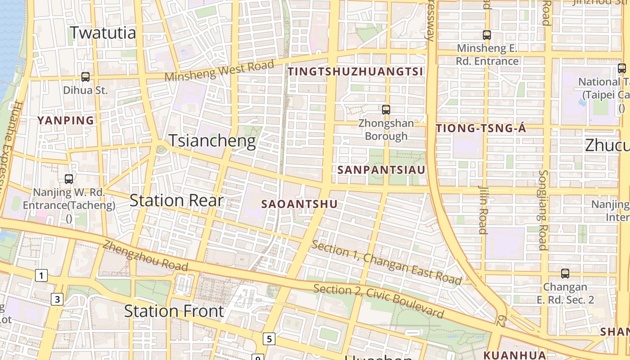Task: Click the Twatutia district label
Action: coord(103,33)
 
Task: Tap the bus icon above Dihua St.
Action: coord(85,77)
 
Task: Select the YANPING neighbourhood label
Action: coord(66,121)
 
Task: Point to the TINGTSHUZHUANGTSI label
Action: coord(355,72)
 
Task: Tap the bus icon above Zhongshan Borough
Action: coord(386,109)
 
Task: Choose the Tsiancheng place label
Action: coord(212,141)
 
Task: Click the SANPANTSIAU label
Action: coord(381,170)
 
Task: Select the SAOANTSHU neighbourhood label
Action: coord(299,204)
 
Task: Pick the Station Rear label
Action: coord(176,200)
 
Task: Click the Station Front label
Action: coord(174,311)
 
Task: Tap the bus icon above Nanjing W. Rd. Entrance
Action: coord(69,179)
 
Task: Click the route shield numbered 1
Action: coord(41,275)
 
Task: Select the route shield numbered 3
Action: coord(57,299)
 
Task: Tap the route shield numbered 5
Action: coord(269,339)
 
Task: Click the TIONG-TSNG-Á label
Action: coord(481,129)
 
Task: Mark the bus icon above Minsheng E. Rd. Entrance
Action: coord(486,35)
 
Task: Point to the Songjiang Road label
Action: coord(543,210)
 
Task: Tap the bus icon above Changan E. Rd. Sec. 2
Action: coord(565,274)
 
